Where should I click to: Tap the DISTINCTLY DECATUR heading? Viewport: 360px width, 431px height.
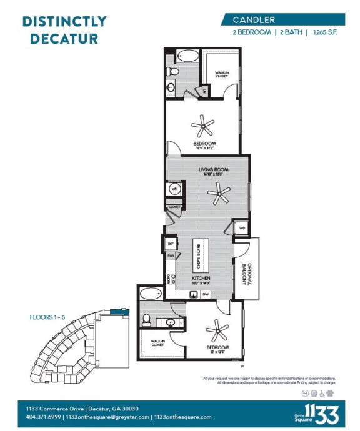[x=64, y=29]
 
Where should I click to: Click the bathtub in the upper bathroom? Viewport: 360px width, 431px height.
[x=186, y=56]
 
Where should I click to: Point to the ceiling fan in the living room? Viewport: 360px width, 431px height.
[x=219, y=196]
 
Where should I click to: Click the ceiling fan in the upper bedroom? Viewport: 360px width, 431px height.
[x=203, y=127]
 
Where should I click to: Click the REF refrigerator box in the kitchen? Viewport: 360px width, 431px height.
[x=170, y=244]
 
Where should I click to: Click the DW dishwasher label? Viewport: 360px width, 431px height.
[x=206, y=294]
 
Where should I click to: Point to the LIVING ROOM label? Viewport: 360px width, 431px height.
[x=214, y=169]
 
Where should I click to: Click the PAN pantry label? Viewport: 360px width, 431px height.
[x=170, y=255]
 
